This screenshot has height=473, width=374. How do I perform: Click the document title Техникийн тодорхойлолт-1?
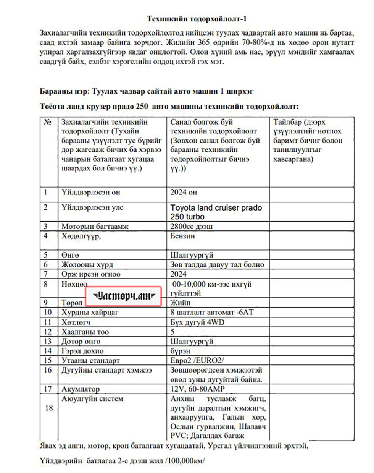coord(197,19)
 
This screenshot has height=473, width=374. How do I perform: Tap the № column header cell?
coord(47,122)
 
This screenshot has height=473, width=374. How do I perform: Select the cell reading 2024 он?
coord(184,192)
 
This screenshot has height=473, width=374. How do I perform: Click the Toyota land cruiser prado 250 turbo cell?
coord(216,212)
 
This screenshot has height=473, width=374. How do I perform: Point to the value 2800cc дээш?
coord(191,226)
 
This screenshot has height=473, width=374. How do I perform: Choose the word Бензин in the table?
coord(182,236)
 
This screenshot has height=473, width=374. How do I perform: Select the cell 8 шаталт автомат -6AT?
coord(212,312)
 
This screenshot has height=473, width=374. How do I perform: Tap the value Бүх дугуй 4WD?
coord(197,322)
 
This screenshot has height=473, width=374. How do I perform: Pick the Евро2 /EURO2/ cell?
coord(197,360)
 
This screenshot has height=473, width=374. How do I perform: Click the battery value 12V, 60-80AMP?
coord(197,389)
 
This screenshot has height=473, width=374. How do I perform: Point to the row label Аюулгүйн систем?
coord(92,398)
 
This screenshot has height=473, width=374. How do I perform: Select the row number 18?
coord(49,408)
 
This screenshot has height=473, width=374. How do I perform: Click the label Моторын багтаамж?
coord(95,226)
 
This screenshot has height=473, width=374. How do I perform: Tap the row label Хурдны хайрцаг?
coord(90,312)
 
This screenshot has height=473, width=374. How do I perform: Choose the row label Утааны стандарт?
coord(90,360)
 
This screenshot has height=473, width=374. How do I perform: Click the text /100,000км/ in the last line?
coord(184,461)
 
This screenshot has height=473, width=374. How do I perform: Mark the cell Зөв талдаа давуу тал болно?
coord(217,264)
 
